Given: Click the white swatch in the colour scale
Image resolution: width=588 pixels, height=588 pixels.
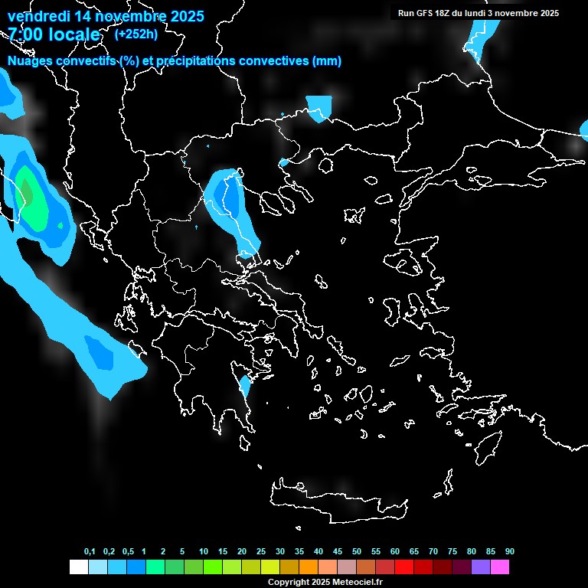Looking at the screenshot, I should (78, 567).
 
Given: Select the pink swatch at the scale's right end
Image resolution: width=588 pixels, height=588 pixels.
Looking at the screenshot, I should (499, 567).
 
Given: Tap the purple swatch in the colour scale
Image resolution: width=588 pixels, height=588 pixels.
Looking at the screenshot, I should (480, 567).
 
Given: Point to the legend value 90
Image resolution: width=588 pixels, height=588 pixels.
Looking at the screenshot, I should (509, 551).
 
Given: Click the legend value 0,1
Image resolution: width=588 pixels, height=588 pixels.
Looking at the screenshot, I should (90, 551).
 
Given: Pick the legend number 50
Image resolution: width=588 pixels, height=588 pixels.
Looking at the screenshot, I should (357, 551).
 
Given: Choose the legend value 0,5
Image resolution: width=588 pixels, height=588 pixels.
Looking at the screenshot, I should (128, 551).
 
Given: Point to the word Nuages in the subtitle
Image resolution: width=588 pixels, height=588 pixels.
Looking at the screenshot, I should (29, 61).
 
